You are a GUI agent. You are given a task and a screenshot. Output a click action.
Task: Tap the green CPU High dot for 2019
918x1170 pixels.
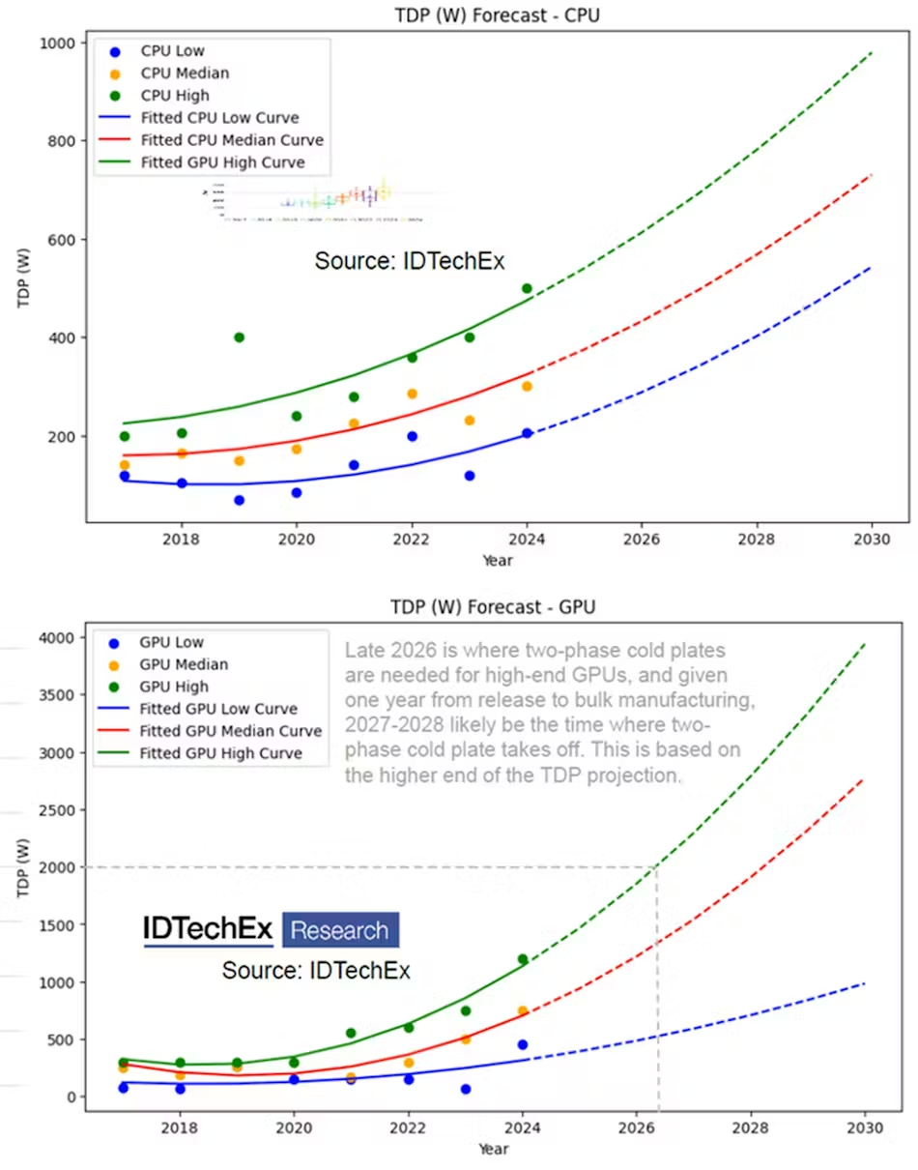pyautogui.click(x=239, y=337)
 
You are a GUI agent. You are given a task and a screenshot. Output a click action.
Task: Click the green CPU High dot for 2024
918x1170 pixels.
pyautogui.click(x=527, y=288)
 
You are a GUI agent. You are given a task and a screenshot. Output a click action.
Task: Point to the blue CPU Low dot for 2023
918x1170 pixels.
pyautogui.click(x=470, y=476)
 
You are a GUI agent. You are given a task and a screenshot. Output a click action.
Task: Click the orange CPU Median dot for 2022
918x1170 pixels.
pyautogui.click(x=412, y=394)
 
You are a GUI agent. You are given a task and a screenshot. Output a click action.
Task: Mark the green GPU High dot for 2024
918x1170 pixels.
pyautogui.click(x=523, y=959)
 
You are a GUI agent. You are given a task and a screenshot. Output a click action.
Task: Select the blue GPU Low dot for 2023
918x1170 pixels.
pyautogui.click(x=466, y=1089)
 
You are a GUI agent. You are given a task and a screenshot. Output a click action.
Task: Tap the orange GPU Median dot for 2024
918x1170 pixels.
pyautogui.click(x=523, y=1011)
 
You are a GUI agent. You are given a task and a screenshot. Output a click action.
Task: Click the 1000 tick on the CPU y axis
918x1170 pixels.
pyautogui.click(x=61, y=43)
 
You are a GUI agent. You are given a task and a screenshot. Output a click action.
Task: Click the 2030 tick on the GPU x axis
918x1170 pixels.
pyautogui.click(x=864, y=1127)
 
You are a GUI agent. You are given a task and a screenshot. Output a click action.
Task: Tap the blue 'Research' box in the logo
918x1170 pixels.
pyautogui.click(x=340, y=930)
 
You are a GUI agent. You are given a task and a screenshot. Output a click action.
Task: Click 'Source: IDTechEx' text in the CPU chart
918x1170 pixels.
pyautogui.click(x=410, y=261)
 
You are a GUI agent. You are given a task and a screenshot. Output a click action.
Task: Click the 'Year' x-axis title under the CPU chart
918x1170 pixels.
pyautogui.click(x=498, y=560)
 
